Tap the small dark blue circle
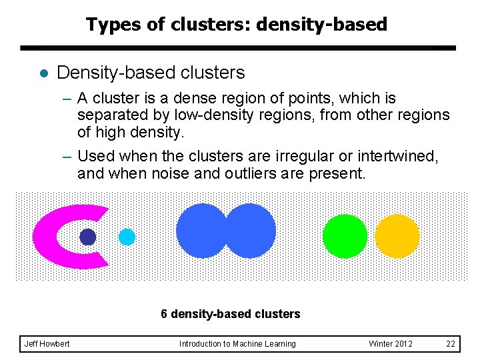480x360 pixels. coord(88,237)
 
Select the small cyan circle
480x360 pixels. coord(127,237)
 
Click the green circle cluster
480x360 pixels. coord(345,237)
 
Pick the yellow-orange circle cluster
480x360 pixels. coord(397,237)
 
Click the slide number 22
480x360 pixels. coord(451,344)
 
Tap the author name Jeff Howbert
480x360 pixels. coord(47,344)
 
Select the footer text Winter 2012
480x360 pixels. coord(391,344)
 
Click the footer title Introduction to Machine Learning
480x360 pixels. coord(237,344)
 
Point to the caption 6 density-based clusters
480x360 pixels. coord(231,314)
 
